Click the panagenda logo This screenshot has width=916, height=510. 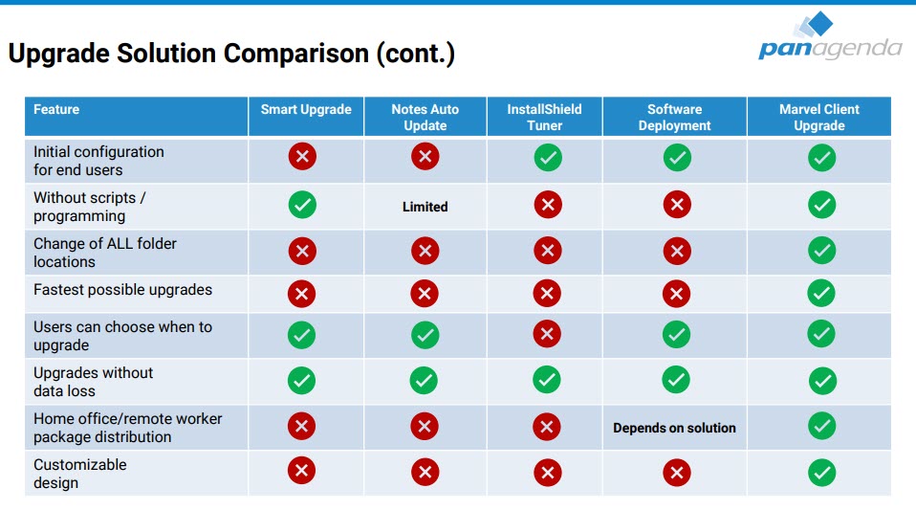pyautogui.click(x=830, y=36)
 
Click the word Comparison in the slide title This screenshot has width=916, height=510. pyautogui.click(x=296, y=54)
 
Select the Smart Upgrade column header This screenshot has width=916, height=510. pyautogui.click(x=306, y=109)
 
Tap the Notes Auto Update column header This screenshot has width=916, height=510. pyautogui.click(x=425, y=117)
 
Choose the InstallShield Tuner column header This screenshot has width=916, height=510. pyautogui.click(x=544, y=117)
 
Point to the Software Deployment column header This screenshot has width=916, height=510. pyautogui.click(x=675, y=117)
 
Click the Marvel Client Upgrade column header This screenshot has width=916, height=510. pyautogui.click(x=819, y=117)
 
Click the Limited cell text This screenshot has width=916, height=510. pyautogui.click(x=425, y=207)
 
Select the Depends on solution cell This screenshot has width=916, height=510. pyautogui.click(x=674, y=428)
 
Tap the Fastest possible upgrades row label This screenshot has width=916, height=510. pyautogui.click(x=122, y=290)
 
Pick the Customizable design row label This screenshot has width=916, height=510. pyautogui.click(x=80, y=473)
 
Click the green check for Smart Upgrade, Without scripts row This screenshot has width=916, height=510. pyautogui.click(x=302, y=205)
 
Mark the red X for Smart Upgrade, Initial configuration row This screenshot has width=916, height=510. pyautogui.click(x=302, y=156)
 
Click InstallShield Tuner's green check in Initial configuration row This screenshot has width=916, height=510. pyautogui.click(x=548, y=157)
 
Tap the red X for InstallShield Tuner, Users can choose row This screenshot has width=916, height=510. pyautogui.click(x=547, y=334)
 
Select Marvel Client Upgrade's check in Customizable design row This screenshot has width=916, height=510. pyautogui.click(x=822, y=473)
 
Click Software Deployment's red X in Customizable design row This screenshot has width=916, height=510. pyautogui.click(x=677, y=473)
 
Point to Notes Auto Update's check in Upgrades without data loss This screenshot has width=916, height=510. pyautogui.click(x=425, y=381)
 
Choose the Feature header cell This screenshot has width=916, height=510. pyautogui.click(x=136, y=117)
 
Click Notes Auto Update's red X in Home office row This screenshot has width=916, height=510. pyautogui.click(x=425, y=427)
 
